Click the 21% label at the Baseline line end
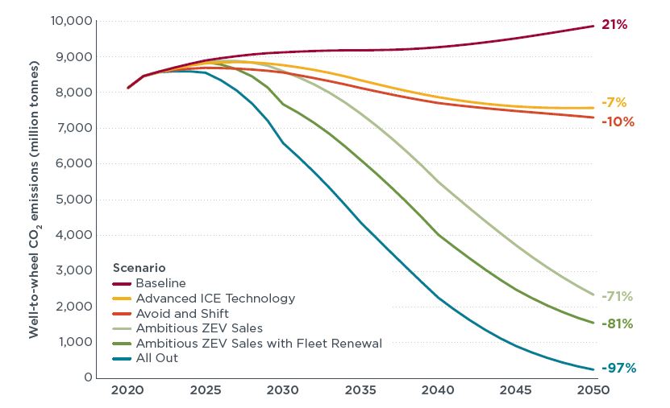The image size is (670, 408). pyautogui.click(x=614, y=24)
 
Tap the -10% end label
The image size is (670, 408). pyautogui.click(x=618, y=122)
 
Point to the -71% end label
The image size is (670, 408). pyautogui.click(x=617, y=296)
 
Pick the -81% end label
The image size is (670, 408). pyautogui.click(x=618, y=324)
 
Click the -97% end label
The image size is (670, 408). pyautogui.click(x=618, y=368)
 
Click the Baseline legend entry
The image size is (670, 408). pyautogui.click(x=160, y=283)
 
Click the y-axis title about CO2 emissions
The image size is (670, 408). pyautogui.click(x=35, y=198)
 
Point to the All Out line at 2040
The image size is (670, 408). pyautogui.click(x=439, y=297)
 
